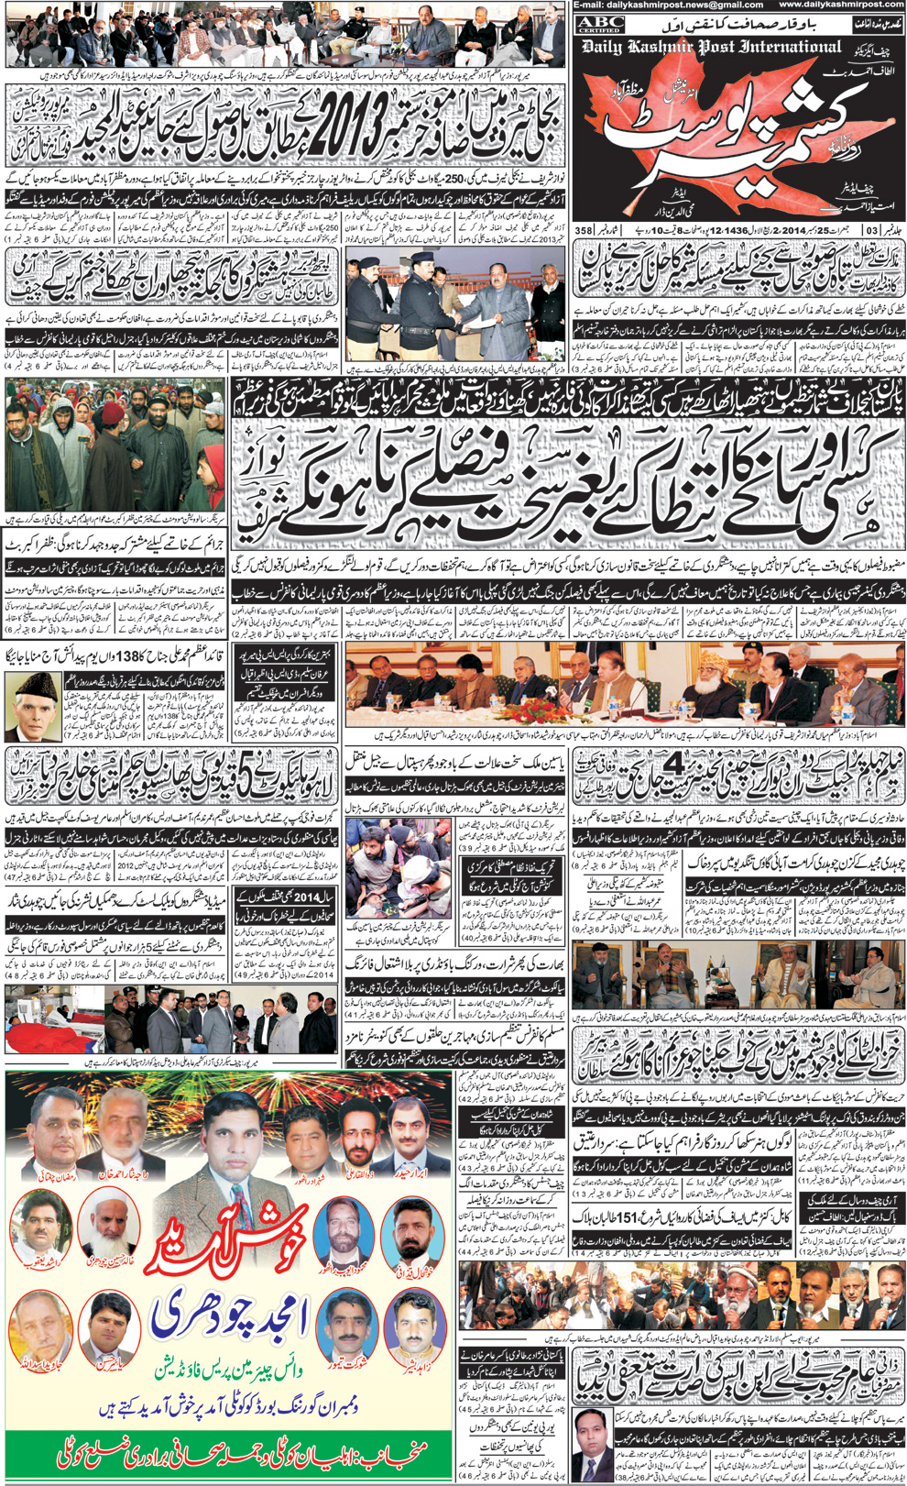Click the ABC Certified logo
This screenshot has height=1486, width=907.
(x=600, y=24)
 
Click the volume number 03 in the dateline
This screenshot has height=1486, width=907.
(x=870, y=229)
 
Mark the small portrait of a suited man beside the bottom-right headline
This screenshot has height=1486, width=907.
(x=590, y=1439)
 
